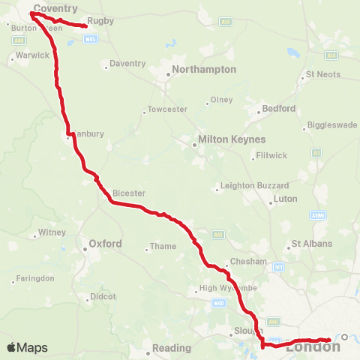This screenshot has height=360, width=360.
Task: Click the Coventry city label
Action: [55, 7]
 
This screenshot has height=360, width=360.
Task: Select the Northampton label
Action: [203, 69]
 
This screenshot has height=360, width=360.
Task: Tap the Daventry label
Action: [127, 63]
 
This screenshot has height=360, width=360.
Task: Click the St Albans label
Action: [307, 244]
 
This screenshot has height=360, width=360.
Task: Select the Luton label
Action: [286, 199]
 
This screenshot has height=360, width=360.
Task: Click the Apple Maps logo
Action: [26, 347]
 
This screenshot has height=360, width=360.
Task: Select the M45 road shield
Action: [90, 38]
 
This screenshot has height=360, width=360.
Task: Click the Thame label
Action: [163, 246]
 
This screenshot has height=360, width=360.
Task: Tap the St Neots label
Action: [323, 75]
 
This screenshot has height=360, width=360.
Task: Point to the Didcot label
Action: [103, 297]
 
